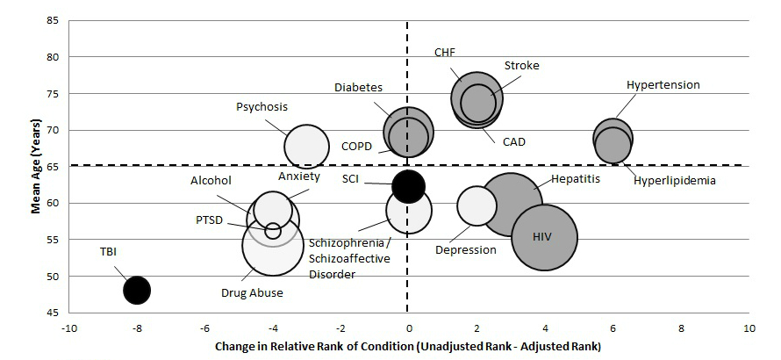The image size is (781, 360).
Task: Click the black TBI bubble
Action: pyautogui.click(x=136, y=290)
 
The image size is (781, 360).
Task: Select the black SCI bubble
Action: pyautogui.click(x=408, y=185)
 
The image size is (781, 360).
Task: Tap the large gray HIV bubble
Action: pyautogui.click(x=544, y=237)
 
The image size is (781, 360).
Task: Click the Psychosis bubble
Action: pyautogui.click(x=306, y=146)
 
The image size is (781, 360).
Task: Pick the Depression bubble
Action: pyautogui.click(x=476, y=206)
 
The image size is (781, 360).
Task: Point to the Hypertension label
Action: pyautogui.click(x=663, y=85)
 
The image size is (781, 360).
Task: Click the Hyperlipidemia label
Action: pyautogui.click(x=675, y=181)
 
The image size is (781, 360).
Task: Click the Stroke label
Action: pyautogui.click(x=521, y=66)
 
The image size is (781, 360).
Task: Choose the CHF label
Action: pyautogui.click(x=445, y=52)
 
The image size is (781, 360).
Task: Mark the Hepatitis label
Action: pyautogui.click(x=576, y=179)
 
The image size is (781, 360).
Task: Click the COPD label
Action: pyautogui.click(x=357, y=146)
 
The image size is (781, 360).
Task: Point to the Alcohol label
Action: pyautogui.click(x=211, y=181)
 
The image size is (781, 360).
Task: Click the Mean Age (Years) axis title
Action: pyautogui.click(x=37, y=167)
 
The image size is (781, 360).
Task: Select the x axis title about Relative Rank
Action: pyautogui.click(x=408, y=347)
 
